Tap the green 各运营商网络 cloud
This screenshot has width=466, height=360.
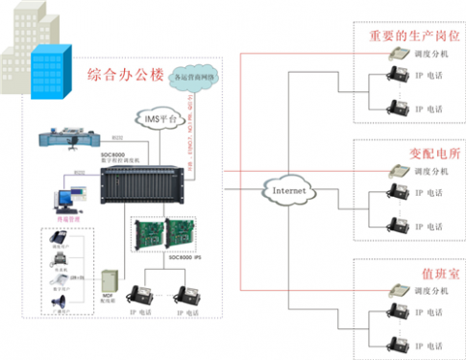[x=198, y=76]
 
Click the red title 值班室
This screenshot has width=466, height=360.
[x=409, y=272]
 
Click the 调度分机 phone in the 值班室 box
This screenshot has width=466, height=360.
[x=395, y=290]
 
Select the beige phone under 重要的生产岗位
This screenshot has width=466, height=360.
[x=395, y=55]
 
